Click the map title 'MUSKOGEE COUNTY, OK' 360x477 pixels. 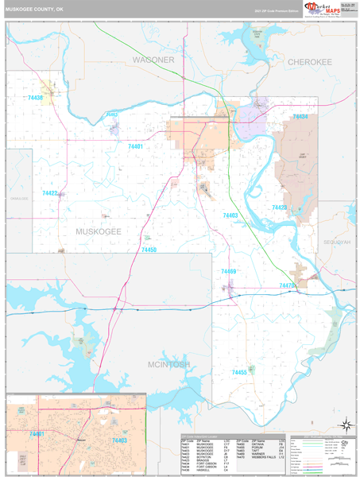tap(35, 9)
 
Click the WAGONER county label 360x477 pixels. tap(153, 60)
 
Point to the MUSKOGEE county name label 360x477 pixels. tap(98, 231)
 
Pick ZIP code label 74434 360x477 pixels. tap(300, 117)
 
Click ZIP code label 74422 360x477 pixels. tap(50, 193)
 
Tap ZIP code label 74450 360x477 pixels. tap(149, 250)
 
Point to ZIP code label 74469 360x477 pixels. tap(228, 272)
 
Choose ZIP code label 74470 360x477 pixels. tap(287, 285)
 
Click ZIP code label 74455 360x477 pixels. tap(238, 372)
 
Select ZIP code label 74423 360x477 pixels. tap(279, 207)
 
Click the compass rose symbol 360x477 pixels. tap(345, 424)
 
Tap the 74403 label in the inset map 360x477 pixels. tap(118, 440)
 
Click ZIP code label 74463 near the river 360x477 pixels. tap(230, 215)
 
